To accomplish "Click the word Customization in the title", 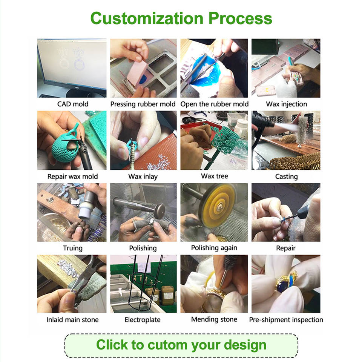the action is tap(147, 18).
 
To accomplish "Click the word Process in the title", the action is tap(240, 18).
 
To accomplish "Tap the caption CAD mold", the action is tap(73, 104).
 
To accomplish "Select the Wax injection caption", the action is tap(286, 104).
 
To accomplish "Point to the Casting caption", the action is tap(286, 176).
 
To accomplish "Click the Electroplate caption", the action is tap(143, 319).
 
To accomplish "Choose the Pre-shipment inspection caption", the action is tap(286, 320).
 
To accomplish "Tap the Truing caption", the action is tap(73, 248).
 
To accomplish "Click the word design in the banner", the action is tap(245, 345).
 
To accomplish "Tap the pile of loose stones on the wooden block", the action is tap(67, 267).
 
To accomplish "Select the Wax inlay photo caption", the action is tap(143, 176).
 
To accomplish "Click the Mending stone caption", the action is tap(214, 319).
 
